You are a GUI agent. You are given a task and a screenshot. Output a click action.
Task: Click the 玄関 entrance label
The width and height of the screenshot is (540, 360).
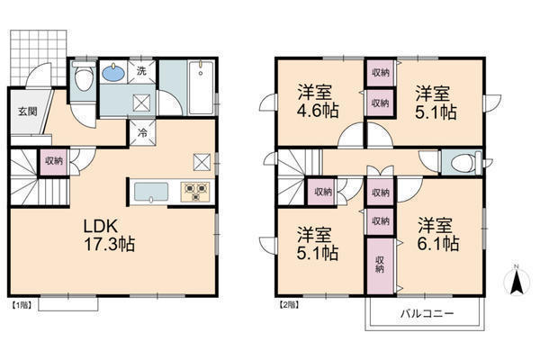pyautogui.click(x=28, y=112)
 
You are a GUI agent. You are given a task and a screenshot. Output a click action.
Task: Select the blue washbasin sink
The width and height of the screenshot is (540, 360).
pyautogui.click(x=113, y=72)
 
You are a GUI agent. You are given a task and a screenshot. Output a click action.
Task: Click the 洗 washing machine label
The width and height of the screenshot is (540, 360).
pyautogui.click(x=141, y=71)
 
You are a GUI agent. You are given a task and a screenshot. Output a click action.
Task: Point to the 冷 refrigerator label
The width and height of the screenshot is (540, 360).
pyautogui.click(x=142, y=132)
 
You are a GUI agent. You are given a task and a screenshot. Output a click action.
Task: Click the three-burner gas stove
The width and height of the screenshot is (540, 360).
pyautogui.click(x=195, y=192)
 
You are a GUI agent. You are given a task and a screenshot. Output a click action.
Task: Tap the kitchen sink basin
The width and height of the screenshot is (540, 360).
pyautogui.click(x=151, y=193)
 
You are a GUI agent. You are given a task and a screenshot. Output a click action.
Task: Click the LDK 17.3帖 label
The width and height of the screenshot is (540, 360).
pyautogui.click(x=109, y=235)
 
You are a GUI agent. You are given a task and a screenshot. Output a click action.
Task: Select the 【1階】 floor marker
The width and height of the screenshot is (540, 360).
pyautogui.click(x=22, y=305)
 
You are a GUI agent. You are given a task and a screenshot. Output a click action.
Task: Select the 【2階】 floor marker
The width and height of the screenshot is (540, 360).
pyautogui.click(x=289, y=305)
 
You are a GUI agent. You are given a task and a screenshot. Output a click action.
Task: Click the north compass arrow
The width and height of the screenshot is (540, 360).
pyautogui.click(x=517, y=281)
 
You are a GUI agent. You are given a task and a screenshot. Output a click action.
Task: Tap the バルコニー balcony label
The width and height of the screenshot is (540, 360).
pyautogui.click(x=427, y=313)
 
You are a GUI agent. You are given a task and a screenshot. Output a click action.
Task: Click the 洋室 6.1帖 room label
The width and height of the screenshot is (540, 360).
pyautogui.click(x=437, y=234)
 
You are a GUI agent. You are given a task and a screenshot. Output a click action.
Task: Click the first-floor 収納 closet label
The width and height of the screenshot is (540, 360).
pyautogui.click(x=54, y=160)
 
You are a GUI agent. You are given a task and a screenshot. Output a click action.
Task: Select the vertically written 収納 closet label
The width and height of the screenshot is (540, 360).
pyautogui.click(x=380, y=265)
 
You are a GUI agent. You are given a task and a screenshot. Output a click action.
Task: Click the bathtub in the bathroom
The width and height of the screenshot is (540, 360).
pyautogui.click(x=202, y=87)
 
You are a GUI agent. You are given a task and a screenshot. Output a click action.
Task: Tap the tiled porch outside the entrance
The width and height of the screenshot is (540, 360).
pyautogui.click(x=38, y=57)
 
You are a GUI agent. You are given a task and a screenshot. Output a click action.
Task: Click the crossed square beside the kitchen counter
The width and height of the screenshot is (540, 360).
pyautogui.click(x=202, y=162)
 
